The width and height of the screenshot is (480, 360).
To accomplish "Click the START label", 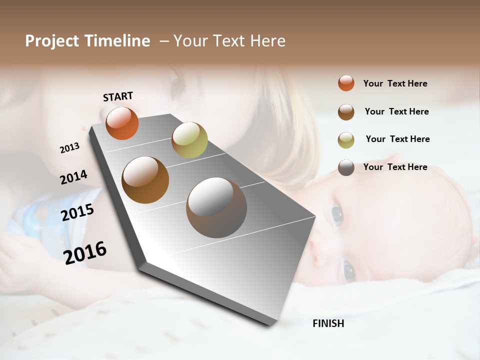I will tap(118, 96).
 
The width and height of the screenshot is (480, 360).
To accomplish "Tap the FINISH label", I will tap(328, 323).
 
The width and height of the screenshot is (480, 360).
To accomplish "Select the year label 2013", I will tap(70, 148).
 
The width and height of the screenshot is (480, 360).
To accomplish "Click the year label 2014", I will tap(73, 177).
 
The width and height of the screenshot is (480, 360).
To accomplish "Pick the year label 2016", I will tap(85, 252).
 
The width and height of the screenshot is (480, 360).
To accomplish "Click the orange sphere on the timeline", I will tap(122, 123).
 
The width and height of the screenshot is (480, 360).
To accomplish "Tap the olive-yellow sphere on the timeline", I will tap(189, 139).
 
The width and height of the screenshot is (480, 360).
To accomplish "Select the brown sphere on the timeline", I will tap(145, 180).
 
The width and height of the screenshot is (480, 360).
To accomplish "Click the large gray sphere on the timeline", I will tap(216, 207).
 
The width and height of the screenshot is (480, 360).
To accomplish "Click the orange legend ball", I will tap(346, 83).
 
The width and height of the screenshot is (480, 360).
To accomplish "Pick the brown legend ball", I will tap(346, 111).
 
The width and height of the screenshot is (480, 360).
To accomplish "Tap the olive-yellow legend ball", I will tap(346, 139).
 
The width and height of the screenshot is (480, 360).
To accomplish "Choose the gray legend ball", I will tap(346, 167).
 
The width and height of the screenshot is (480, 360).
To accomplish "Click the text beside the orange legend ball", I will tap(395, 83).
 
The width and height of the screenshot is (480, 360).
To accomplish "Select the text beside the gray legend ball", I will tap(395, 167).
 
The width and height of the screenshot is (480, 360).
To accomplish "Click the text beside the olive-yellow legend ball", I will tap(397, 139).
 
